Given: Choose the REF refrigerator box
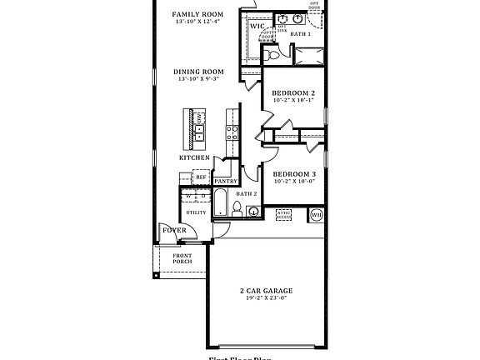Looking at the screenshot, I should (201, 177).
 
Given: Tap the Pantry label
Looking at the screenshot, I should (226, 181).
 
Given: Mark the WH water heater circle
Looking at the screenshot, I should (316, 215).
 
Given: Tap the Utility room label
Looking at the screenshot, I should (196, 212).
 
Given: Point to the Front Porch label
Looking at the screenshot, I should (182, 258).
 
